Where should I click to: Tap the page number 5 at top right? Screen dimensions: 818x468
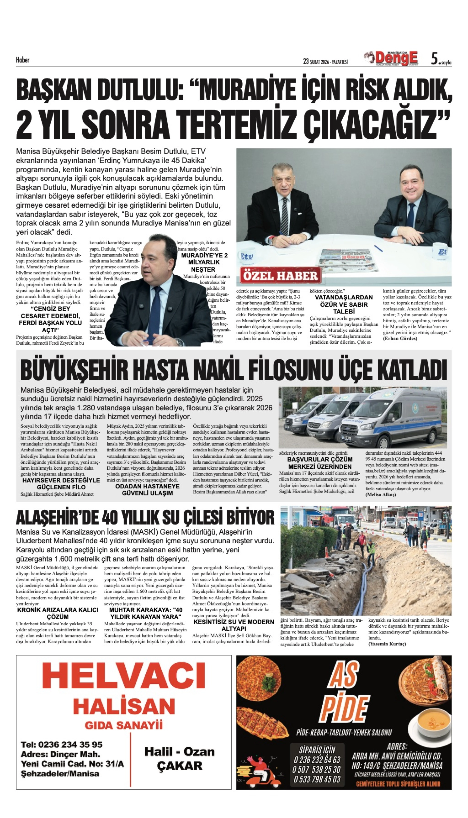(434, 59)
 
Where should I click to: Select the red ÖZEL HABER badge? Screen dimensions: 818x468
(281, 276)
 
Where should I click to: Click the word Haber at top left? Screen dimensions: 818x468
(22, 60)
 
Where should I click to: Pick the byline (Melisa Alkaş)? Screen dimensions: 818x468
(381, 494)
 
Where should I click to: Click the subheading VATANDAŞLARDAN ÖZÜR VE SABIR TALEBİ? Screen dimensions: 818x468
(344, 304)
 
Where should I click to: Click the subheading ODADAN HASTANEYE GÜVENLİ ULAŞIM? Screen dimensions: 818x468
(148, 490)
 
